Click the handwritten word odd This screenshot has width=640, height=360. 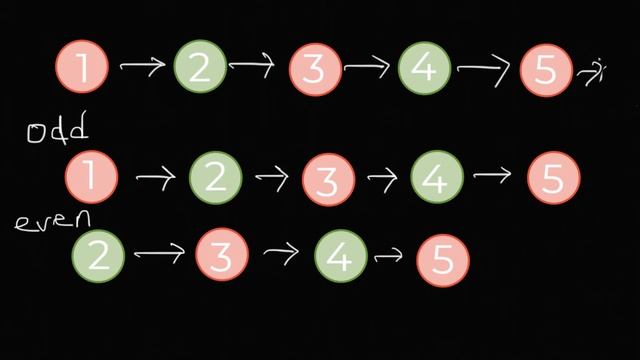(x=58, y=130)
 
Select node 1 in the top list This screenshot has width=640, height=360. (x=84, y=67)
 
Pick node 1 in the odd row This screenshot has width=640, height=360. (x=92, y=178)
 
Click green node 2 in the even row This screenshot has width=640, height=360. (x=99, y=255)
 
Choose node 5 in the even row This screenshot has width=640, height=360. (x=443, y=257)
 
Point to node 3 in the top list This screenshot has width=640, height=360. (x=315, y=69)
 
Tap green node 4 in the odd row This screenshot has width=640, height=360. (x=438, y=179)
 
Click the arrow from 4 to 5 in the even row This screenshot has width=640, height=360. (x=387, y=256)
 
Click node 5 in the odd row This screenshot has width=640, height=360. (x=554, y=178)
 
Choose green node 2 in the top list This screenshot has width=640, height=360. (x=200, y=67)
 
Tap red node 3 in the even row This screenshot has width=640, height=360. (x=221, y=256)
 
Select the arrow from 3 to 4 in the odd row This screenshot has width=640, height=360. (x=382, y=178)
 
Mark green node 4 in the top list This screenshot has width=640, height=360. (x=424, y=68)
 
